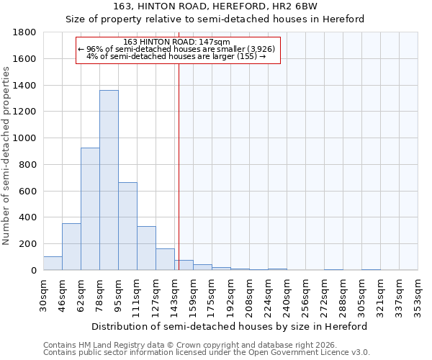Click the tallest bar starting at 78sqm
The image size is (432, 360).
pos(109,180)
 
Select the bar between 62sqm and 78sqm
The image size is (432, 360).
pos(90,209)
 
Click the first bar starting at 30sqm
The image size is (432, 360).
pos(53,263)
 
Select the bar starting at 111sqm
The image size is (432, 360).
pos(146,248)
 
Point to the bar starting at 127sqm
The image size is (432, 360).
pos(165,259)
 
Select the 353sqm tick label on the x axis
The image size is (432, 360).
pos(418,293)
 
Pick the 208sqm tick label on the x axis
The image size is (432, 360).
pos(249,293)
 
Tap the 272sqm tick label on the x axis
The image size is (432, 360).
pos(324,293)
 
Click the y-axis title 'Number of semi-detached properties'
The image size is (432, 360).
pos(7,155)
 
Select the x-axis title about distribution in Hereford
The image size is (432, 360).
pos(230,326)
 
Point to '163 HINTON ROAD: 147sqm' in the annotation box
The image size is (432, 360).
pos(176,42)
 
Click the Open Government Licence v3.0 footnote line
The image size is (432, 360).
pos(207,353)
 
